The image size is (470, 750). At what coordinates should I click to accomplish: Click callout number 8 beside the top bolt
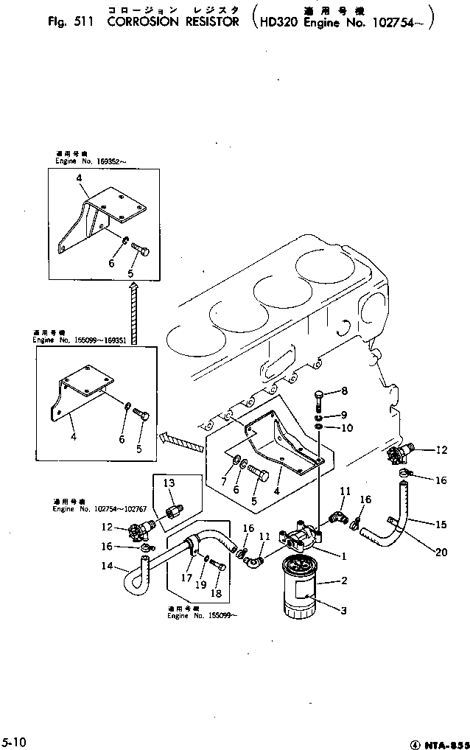pyautogui.click(x=343, y=390)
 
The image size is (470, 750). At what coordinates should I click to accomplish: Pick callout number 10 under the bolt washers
pyautogui.click(x=346, y=428)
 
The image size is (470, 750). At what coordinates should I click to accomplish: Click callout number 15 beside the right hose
pyautogui.click(x=441, y=525)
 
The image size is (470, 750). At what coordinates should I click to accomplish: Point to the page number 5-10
pyautogui.click(x=14, y=740)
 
